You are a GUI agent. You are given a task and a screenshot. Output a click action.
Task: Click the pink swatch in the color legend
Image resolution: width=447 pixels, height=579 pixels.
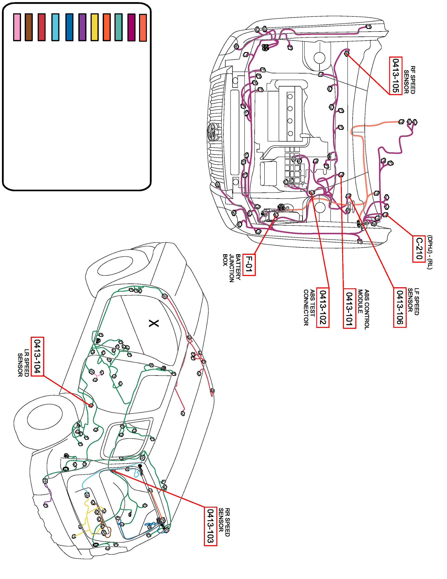[17, 27]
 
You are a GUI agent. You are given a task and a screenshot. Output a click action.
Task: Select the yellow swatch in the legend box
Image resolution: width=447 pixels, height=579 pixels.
[94, 27]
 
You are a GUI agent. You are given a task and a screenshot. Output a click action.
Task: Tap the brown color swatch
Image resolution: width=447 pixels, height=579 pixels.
[29, 27]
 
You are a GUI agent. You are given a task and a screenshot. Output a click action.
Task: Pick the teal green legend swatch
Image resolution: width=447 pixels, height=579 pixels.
[118, 27]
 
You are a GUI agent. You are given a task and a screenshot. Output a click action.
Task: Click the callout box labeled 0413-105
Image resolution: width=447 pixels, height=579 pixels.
[396, 76]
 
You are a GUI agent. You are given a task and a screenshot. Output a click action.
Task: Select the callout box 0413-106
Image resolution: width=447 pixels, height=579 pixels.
[400, 307]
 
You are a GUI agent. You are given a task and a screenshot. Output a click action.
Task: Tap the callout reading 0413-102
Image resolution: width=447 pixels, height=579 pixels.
[323, 307]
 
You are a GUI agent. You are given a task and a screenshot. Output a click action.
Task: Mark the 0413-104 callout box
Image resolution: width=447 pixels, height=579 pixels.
[37, 356]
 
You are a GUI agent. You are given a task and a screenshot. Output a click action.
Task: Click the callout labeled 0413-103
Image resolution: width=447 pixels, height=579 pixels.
[211, 526]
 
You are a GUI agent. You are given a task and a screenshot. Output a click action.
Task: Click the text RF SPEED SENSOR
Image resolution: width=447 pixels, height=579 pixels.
[409, 80]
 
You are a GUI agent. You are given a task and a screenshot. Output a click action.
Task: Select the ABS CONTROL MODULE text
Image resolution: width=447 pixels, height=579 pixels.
[363, 309]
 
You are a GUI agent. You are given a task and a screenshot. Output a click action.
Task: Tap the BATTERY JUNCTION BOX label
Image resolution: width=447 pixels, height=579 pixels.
[232, 268]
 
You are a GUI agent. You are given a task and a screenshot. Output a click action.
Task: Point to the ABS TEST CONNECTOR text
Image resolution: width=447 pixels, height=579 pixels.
[309, 307]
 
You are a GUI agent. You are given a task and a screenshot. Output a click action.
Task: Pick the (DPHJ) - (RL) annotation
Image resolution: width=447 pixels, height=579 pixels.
[429, 252]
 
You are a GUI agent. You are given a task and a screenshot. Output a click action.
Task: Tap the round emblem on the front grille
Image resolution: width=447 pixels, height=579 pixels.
[212, 132]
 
